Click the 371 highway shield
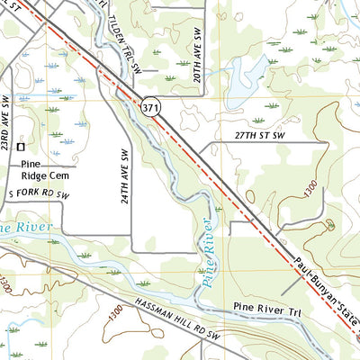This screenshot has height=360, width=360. (x=149, y=107)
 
